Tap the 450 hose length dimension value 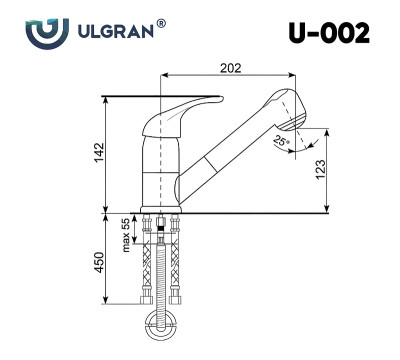(x=99, y=260)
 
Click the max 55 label (x=127, y=236)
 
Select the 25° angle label (x=283, y=142)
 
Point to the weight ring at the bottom (x=164, y=323)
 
